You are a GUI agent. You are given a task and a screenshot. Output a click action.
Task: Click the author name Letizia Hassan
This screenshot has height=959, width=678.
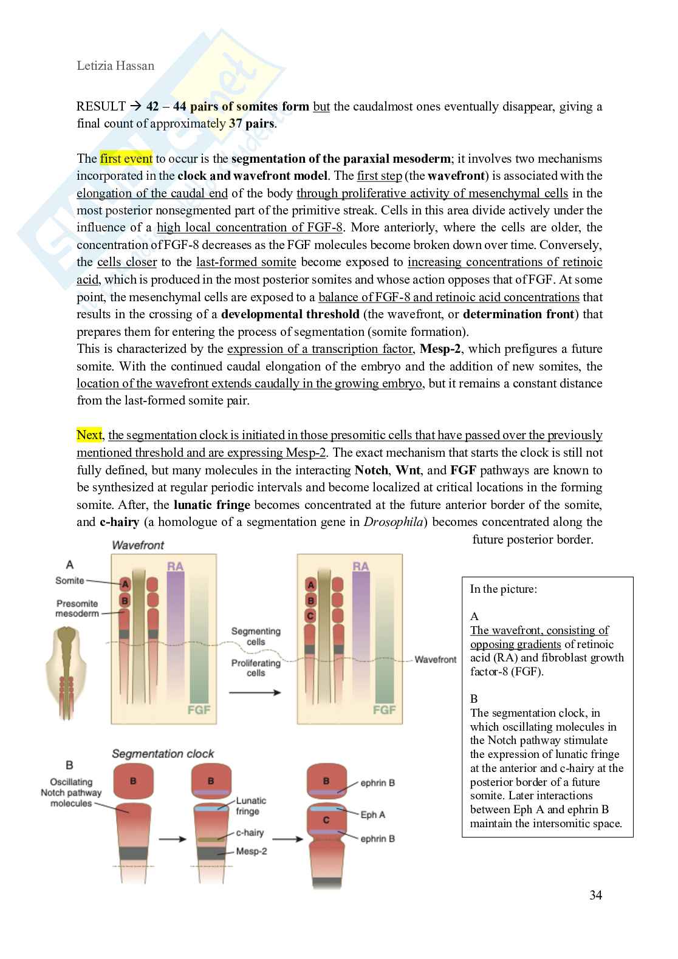click(115, 66)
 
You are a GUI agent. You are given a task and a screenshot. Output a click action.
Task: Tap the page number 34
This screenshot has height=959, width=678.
click(595, 895)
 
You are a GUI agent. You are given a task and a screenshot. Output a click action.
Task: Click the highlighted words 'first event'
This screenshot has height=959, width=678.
click(126, 159)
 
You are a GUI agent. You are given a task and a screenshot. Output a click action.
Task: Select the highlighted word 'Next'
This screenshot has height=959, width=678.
click(89, 435)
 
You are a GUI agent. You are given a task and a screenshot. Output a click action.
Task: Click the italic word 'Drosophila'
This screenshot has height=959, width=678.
click(397, 522)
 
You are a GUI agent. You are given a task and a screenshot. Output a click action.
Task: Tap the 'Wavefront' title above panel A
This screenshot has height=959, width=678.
click(137, 545)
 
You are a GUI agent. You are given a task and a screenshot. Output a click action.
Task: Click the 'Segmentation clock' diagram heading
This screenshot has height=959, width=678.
click(163, 754)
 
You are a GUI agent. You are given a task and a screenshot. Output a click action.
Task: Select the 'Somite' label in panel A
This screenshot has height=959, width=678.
click(70, 581)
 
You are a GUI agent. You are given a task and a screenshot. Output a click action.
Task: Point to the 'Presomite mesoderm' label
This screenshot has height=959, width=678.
click(77, 608)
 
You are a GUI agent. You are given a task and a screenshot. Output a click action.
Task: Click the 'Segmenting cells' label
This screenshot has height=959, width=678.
click(256, 636)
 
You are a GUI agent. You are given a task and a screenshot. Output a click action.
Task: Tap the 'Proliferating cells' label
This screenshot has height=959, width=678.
click(256, 667)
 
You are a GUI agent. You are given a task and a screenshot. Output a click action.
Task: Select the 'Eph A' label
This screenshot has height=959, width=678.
click(372, 814)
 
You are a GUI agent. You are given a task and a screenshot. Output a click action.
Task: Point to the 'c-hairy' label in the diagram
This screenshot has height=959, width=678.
click(250, 833)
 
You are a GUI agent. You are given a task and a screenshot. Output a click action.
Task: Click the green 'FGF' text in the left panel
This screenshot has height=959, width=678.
click(199, 709)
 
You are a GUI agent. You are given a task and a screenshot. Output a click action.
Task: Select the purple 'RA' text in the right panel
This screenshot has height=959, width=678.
click(360, 566)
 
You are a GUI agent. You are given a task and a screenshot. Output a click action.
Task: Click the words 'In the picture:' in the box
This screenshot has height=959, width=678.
click(503, 589)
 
